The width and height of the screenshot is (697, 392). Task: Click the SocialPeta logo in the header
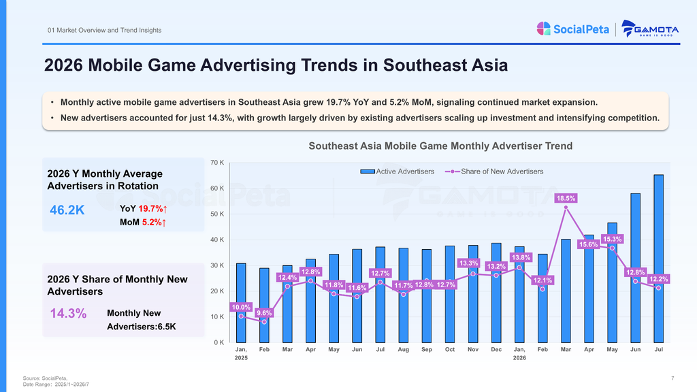572,29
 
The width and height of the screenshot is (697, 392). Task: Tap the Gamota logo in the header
650,29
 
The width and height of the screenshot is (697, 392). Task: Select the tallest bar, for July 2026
658,259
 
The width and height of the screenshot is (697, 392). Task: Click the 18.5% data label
566,198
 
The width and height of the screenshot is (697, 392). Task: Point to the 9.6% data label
264,313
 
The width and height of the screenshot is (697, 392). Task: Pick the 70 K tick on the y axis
217,163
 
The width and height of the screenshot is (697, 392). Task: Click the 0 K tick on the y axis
218,343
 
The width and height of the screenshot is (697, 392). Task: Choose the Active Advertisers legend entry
397,171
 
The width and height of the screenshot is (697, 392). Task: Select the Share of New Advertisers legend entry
494,171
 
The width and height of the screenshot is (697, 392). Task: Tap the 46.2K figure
67,210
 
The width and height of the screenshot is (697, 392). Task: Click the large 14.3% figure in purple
68,313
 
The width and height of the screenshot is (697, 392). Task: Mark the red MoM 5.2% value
154,223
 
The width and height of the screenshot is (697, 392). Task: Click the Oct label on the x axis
450,350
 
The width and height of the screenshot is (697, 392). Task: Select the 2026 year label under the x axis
519,358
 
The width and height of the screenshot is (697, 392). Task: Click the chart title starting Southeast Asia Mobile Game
440,146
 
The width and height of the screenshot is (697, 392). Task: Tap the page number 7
672,378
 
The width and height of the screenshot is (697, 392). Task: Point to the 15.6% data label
589,244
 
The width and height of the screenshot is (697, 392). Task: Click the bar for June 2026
635,268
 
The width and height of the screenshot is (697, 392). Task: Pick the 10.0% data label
241,307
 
